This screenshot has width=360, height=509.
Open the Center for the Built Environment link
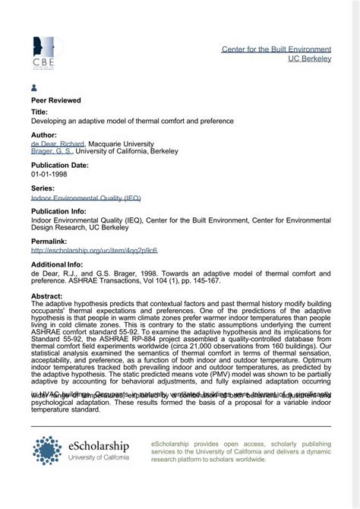[276, 49]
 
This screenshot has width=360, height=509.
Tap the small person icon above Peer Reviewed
[34, 88]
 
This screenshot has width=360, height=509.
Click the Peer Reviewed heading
[56, 100]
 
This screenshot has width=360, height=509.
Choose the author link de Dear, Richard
[58, 143]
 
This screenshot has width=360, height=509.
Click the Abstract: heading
[47, 294]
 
